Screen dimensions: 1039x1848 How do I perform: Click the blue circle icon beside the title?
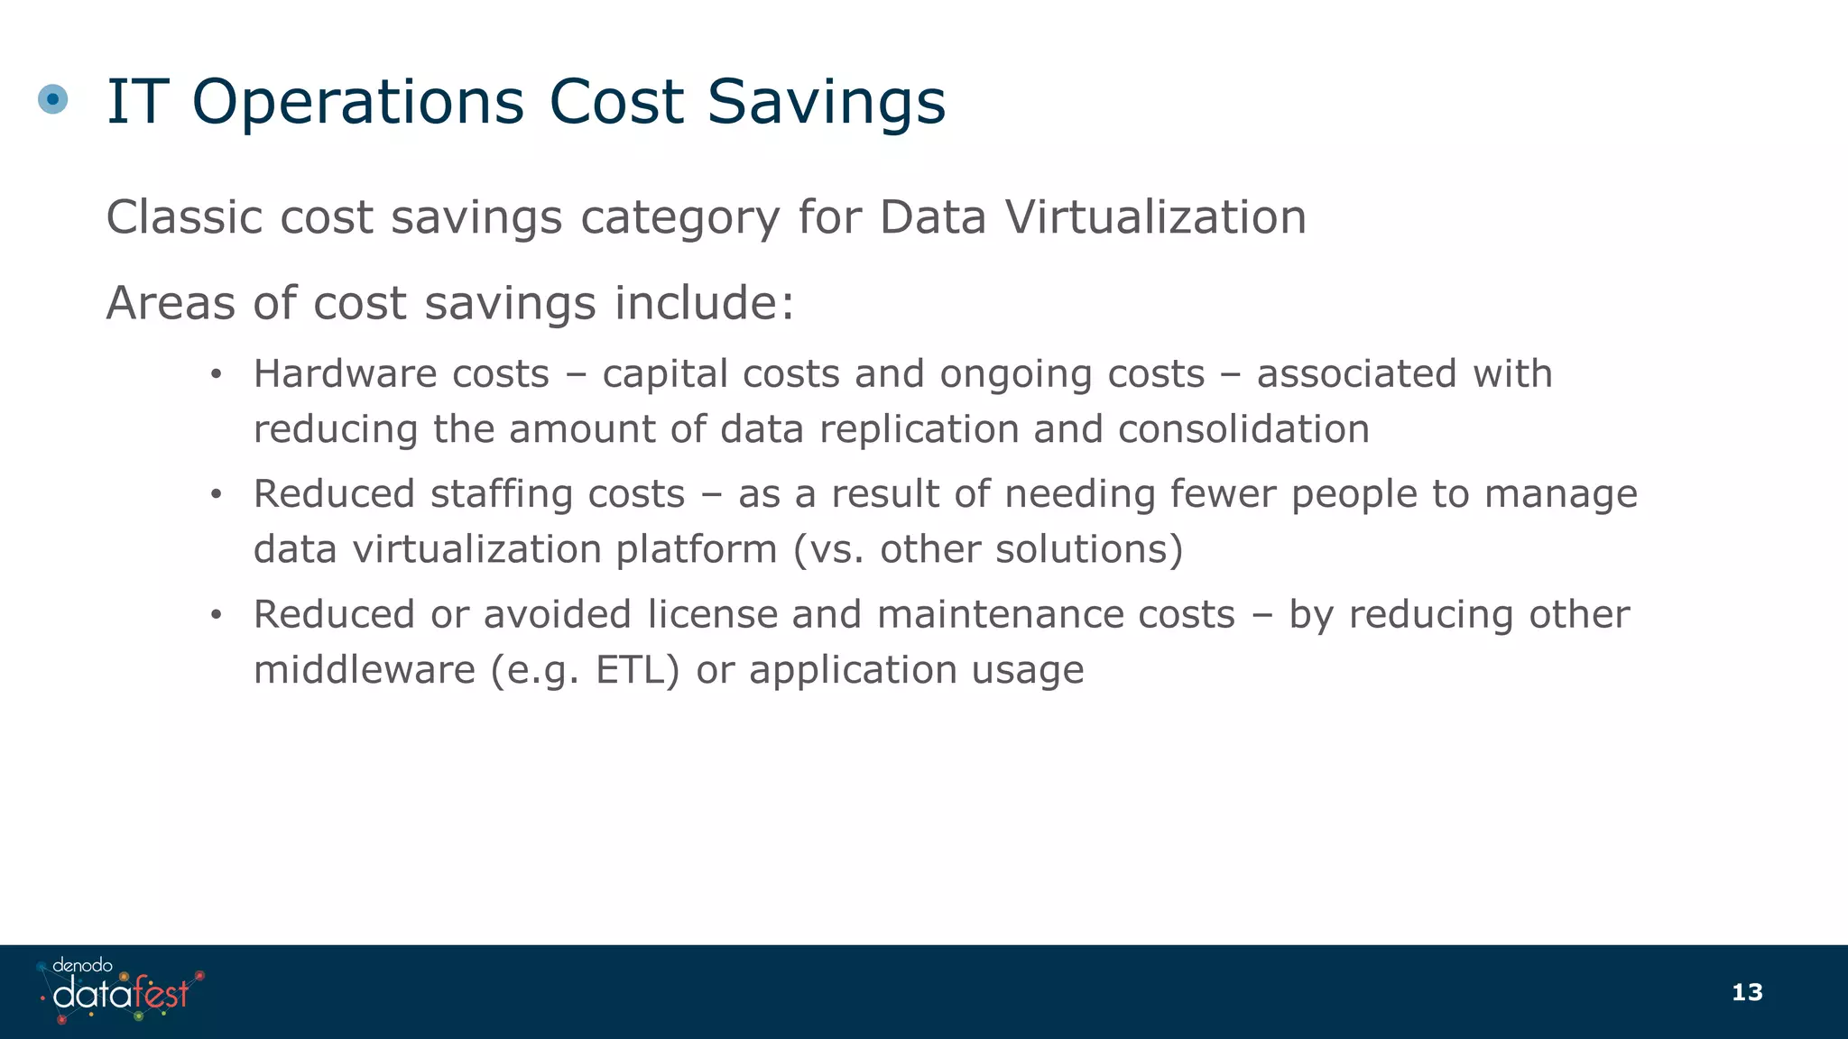(x=53, y=99)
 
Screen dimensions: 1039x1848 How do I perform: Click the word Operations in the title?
(x=357, y=101)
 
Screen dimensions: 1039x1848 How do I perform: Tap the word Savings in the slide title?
(x=826, y=101)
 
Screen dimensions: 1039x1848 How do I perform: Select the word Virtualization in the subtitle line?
(x=1155, y=217)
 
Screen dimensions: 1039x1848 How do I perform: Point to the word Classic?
(x=185, y=217)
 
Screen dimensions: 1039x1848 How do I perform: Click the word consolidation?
(x=1243, y=428)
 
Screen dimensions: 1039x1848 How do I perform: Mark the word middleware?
(x=364, y=669)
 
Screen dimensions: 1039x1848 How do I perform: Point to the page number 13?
(x=1747, y=993)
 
